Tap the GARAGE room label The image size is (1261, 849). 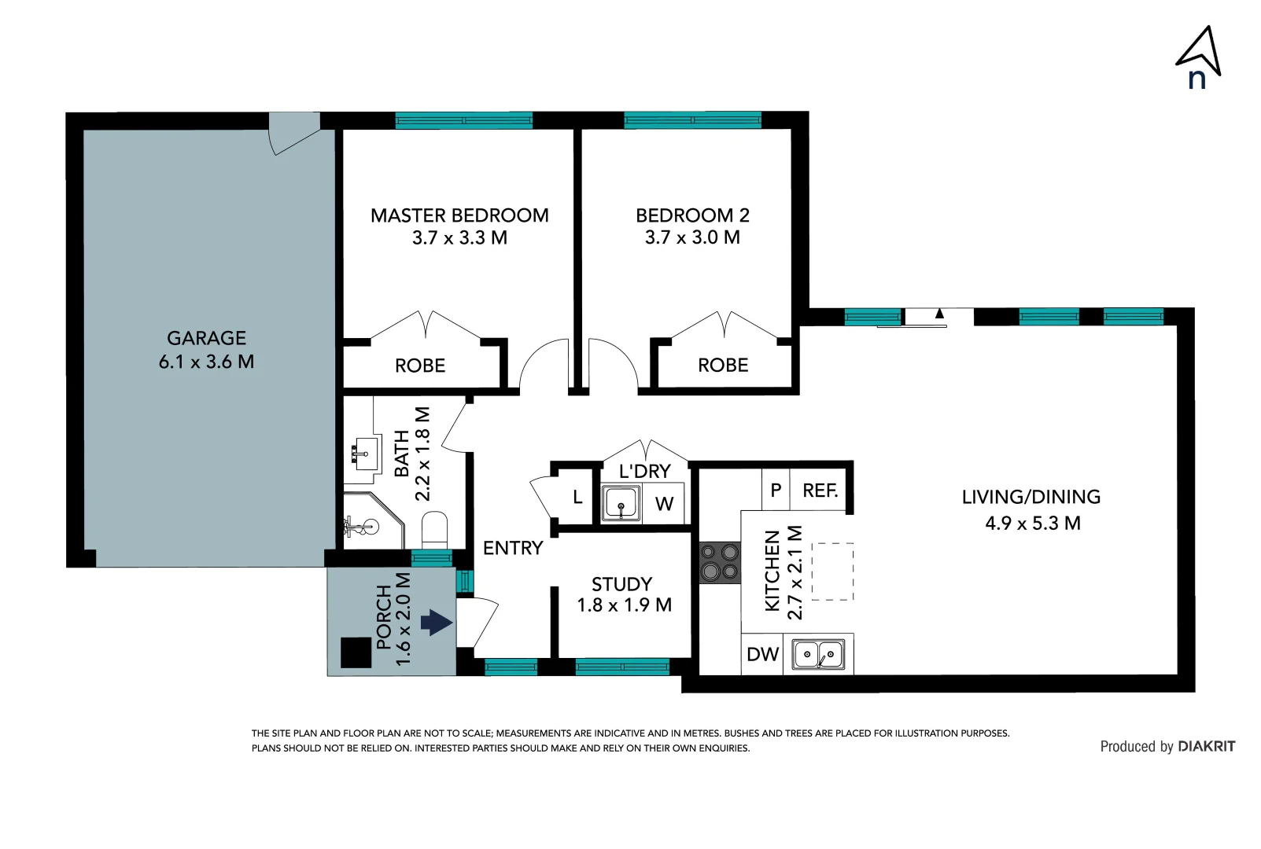206,338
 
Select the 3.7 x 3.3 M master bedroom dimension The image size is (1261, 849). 459,237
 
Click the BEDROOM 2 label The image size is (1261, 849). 692,215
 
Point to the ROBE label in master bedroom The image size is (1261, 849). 420,366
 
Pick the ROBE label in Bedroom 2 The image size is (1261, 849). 723,365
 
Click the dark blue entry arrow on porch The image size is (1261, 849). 437,623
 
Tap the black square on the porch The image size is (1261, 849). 356,652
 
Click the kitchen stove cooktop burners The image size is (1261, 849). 720,562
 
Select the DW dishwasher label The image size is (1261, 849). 762,654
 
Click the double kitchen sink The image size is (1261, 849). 818,654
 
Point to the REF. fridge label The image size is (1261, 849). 820,491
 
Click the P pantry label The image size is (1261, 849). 776,491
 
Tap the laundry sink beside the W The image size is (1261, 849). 621,503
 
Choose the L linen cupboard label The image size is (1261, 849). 577,497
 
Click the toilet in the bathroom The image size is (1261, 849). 434,530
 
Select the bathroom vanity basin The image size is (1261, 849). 363,454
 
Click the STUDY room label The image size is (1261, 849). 621,584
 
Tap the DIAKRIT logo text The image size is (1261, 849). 1206,746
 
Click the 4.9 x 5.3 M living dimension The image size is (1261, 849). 1032,523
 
